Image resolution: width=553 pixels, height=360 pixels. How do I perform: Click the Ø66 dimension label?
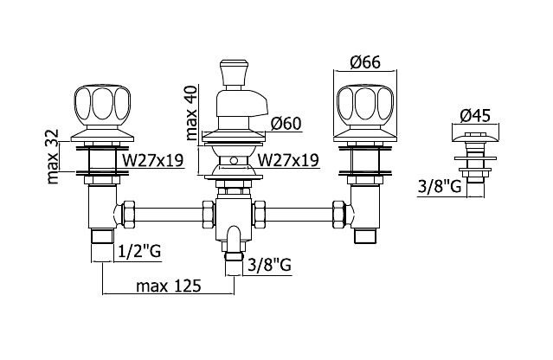pyautogui.click(x=365, y=62)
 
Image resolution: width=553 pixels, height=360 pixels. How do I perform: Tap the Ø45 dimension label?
pyautogui.click(x=475, y=115)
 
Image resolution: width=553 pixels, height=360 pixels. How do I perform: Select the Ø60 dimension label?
pyautogui.click(x=286, y=124)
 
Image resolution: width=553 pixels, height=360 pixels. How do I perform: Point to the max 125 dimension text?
pyautogui.click(x=169, y=286)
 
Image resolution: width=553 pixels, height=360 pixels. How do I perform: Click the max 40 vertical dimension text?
pyautogui.click(x=190, y=112)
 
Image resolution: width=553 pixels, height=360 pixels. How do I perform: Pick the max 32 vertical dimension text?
pyautogui.click(x=52, y=157)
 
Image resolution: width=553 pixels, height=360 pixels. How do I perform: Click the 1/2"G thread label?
pyautogui.click(x=138, y=251)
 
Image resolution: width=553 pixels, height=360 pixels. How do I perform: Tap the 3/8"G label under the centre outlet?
pyautogui.click(x=269, y=265)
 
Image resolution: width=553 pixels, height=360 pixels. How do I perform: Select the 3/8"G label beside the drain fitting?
pyautogui.click(x=440, y=186)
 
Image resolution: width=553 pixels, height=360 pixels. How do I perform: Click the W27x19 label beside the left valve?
pyautogui.click(x=152, y=160)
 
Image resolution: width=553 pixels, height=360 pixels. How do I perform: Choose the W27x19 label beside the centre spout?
pyautogui.click(x=288, y=160)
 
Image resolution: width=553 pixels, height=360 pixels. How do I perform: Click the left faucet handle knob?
pyautogui.click(x=102, y=105)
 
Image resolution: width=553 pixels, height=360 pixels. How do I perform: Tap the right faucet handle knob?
pyautogui.click(x=365, y=105)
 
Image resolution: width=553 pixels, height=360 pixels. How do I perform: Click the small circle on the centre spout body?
pyautogui.click(x=234, y=161)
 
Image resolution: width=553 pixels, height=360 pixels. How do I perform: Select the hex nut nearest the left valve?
pyautogui.click(x=128, y=214)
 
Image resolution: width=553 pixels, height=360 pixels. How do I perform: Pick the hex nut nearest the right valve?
pyautogui.click(x=338, y=214)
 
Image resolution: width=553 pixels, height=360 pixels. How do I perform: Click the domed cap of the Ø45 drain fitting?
pyautogui.click(x=476, y=138)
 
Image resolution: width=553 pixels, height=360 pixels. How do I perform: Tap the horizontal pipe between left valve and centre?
pyautogui.click(x=169, y=214)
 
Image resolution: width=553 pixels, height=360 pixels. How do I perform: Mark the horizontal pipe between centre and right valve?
pyautogui.click(x=299, y=214)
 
